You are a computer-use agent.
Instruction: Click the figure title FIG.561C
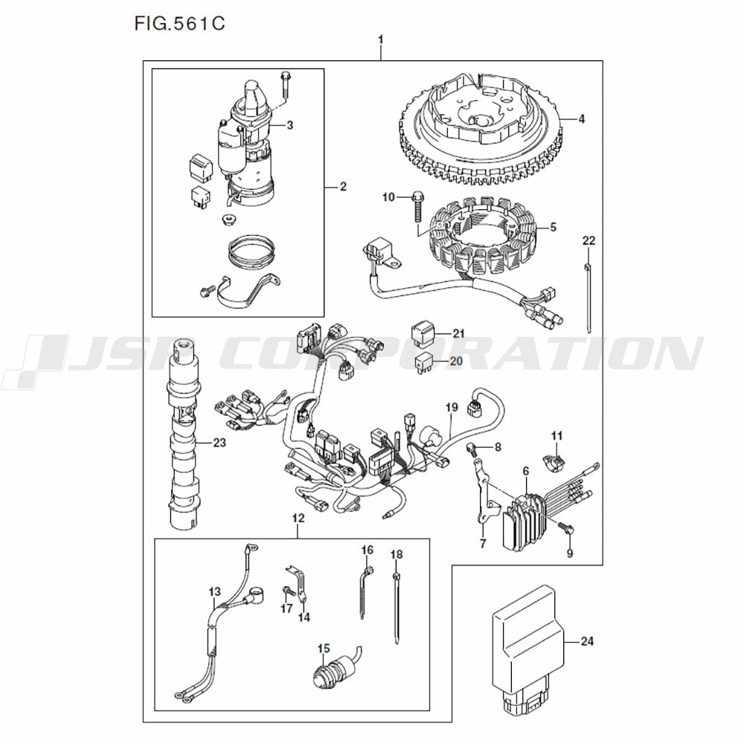pyautogui.click(x=179, y=23)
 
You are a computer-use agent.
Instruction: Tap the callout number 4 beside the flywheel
pyautogui.click(x=581, y=118)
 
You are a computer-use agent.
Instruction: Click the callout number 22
pyautogui.click(x=589, y=241)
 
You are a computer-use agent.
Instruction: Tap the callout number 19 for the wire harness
pyautogui.click(x=451, y=407)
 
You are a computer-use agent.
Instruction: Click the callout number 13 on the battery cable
pyautogui.click(x=214, y=592)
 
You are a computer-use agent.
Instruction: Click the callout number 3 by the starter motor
pyautogui.click(x=289, y=125)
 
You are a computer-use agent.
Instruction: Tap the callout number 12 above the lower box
pyautogui.click(x=298, y=516)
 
